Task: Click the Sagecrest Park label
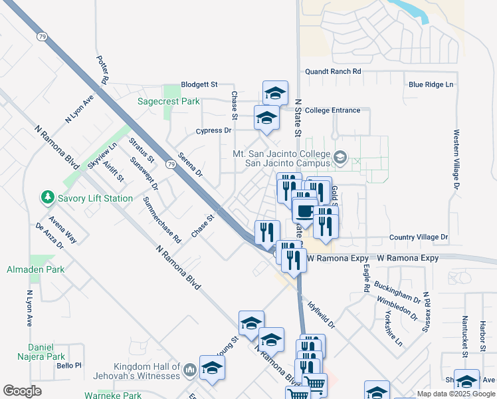pyautogui.click(x=169, y=102)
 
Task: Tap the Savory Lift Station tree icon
pyautogui.click(x=47, y=198)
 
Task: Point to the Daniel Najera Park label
pyautogui.click(x=46, y=352)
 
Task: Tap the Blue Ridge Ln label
pyautogui.click(x=431, y=84)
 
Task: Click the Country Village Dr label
pyautogui.click(x=419, y=237)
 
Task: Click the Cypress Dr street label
pyautogui.click(x=213, y=130)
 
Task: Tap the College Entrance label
pyautogui.click(x=333, y=110)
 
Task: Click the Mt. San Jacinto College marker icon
pyautogui.click(x=341, y=158)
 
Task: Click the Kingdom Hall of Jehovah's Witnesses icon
pyautogui.click(x=189, y=368)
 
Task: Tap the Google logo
pyautogui.click(x=22, y=391)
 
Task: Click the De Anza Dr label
pyautogui.click(x=49, y=235)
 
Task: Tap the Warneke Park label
pyautogui.click(x=114, y=395)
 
